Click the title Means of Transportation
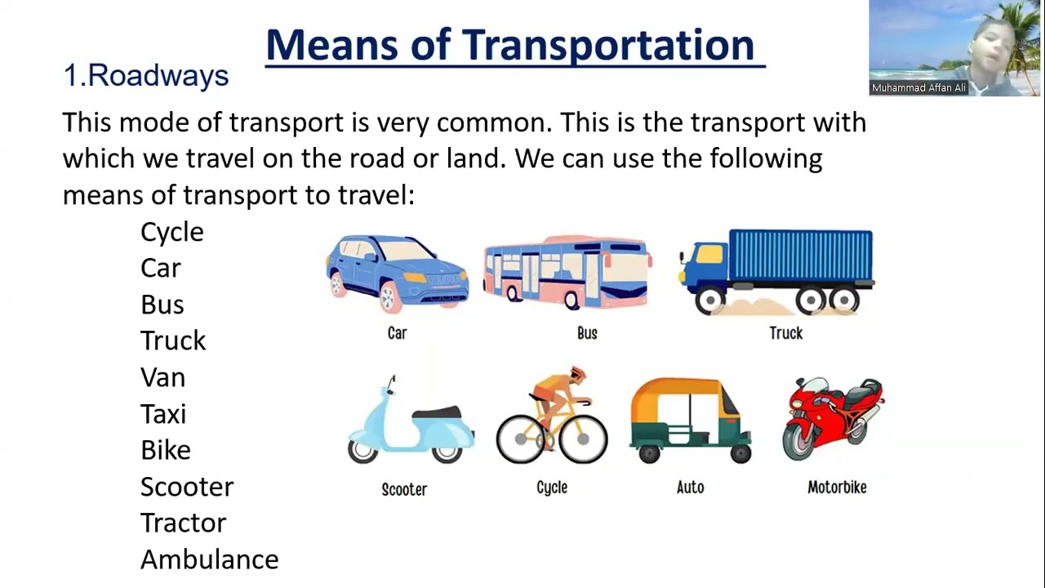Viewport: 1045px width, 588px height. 514,45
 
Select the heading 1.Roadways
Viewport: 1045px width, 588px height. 145,76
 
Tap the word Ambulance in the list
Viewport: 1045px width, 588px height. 209,559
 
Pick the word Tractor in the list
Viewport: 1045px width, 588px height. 183,523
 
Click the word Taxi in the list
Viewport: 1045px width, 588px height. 163,414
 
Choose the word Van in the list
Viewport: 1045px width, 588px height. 162,377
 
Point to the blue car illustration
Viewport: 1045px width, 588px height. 397,272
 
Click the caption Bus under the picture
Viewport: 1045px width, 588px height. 587,333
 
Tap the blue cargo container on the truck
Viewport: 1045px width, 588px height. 800,259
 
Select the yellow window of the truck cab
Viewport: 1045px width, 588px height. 709,255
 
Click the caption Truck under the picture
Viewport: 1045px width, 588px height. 785,333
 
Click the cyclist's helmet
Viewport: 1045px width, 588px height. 578,374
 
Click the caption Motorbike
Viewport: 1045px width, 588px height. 837,488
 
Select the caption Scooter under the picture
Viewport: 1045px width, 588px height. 404,489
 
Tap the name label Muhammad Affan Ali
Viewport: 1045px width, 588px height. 918,88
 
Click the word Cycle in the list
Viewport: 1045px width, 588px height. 171,232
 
